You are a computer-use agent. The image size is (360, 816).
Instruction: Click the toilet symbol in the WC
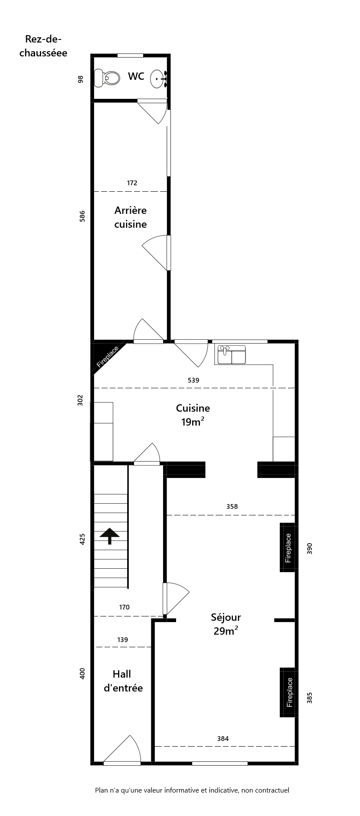107,77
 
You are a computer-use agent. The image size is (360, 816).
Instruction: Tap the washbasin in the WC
158,79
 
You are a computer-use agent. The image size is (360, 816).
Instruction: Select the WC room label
136,76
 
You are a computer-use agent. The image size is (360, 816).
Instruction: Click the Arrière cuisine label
131,217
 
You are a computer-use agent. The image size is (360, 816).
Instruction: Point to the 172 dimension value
132,183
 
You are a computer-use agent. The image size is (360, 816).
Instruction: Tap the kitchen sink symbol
232,354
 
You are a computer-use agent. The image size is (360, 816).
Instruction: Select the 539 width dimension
193,380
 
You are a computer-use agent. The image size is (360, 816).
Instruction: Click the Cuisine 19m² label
193,415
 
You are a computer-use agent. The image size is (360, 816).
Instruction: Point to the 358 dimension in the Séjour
232,506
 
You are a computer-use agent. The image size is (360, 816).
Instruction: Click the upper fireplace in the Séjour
288,547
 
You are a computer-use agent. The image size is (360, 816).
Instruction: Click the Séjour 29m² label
226,624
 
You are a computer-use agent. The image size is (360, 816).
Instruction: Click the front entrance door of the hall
122,750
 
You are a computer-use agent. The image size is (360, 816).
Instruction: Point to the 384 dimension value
223,738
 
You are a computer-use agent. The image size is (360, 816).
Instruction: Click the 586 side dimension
82,216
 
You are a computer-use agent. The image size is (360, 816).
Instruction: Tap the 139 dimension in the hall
123,639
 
